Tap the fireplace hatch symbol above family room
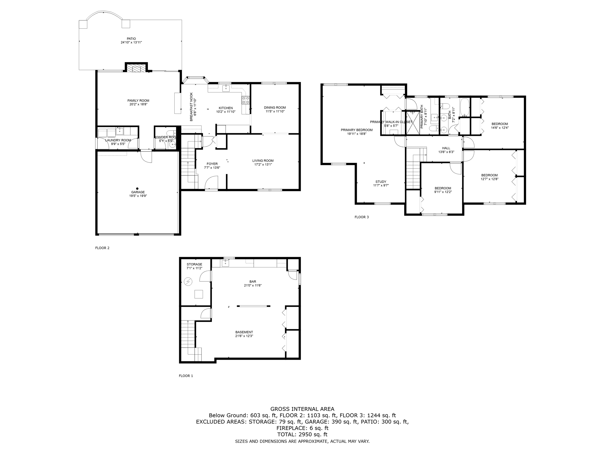[136, 69]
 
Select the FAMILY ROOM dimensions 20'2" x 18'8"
[138, 104]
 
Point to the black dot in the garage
[137, 188]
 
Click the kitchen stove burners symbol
[245, 100]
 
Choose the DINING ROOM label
[275, 108]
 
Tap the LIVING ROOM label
[263, 161]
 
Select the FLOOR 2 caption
[102, 248]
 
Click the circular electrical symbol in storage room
[188, 282]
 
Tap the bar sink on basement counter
[225, 263]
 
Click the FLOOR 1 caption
[186, 376]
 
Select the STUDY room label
[381, 182]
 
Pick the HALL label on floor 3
[446, 148]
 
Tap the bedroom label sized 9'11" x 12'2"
[443, 188]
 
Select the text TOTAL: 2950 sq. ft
[302, 434]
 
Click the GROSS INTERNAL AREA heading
[302, 409]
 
